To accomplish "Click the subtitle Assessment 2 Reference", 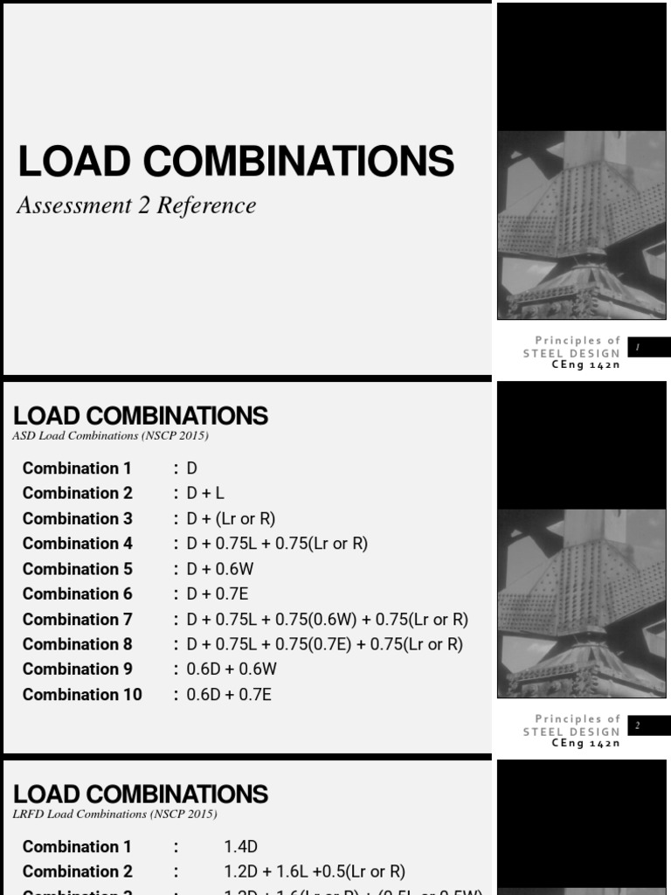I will (136, 205).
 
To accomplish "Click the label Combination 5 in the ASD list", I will (78, 569).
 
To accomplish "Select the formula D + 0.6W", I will (220, 569).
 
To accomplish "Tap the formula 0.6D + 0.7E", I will (229, 695).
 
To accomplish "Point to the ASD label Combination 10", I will (82, 695).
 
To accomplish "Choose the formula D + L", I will (205, 494).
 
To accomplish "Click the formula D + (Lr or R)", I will (231, 519).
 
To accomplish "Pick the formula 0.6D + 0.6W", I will (231, 670).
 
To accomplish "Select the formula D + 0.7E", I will (219, 594).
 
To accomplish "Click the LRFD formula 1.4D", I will (241, 847).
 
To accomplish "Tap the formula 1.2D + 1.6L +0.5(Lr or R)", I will (315, 871).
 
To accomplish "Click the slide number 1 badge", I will (648, 347).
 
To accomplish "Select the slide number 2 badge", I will (648, 725).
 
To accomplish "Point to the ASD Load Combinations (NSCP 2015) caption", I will (110, 435).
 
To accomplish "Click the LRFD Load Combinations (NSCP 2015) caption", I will (114, 814).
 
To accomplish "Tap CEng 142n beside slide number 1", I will (585, 365).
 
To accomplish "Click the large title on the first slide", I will (236, 162).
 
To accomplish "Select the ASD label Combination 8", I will (78, 644).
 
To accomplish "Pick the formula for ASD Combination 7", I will (328, 620).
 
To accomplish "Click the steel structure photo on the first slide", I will (581, 225).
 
